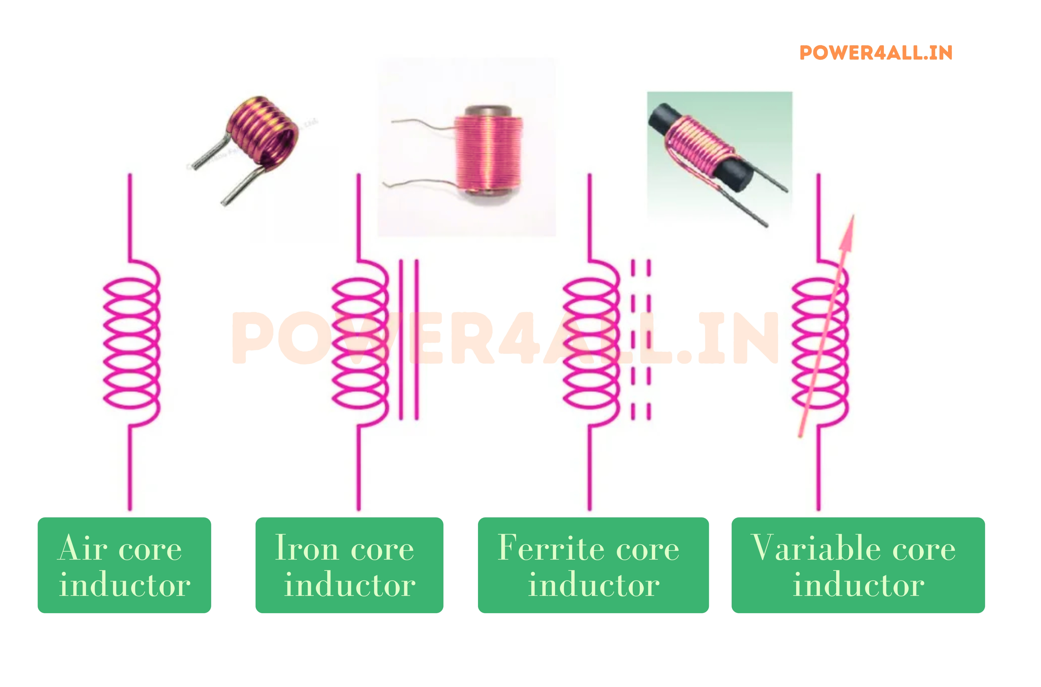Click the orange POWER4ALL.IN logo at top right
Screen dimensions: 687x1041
(876, 53)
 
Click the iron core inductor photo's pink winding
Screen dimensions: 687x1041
(488, 153)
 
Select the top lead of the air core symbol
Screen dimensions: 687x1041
(130, 215)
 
